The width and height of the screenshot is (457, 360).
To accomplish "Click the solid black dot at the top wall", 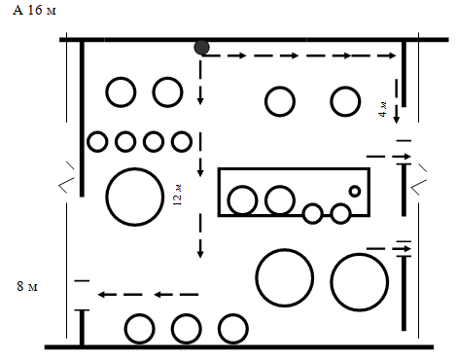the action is [201, 48].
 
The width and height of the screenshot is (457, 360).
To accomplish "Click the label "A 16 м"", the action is [34, 10].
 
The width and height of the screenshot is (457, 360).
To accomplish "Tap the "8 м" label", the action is [27, 286].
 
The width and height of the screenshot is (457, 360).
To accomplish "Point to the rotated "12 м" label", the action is [177, 195].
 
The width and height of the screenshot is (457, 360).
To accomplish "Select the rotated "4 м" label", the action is [382, 109].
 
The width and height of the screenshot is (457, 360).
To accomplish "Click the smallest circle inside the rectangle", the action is [355, 191].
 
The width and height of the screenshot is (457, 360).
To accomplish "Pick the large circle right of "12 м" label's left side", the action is [134, 197].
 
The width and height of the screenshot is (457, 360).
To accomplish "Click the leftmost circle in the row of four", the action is [97, 142].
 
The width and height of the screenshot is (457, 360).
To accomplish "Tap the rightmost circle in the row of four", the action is [182, 142].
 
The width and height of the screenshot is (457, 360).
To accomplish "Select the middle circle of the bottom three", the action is [186, 329].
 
